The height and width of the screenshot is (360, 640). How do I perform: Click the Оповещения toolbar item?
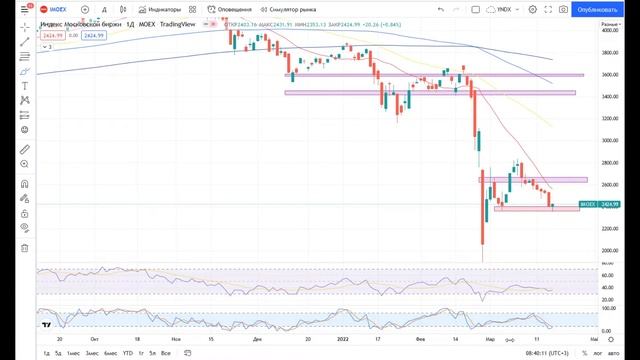tap(229, 9)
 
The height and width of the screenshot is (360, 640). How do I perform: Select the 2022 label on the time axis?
tap(341, 339)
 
